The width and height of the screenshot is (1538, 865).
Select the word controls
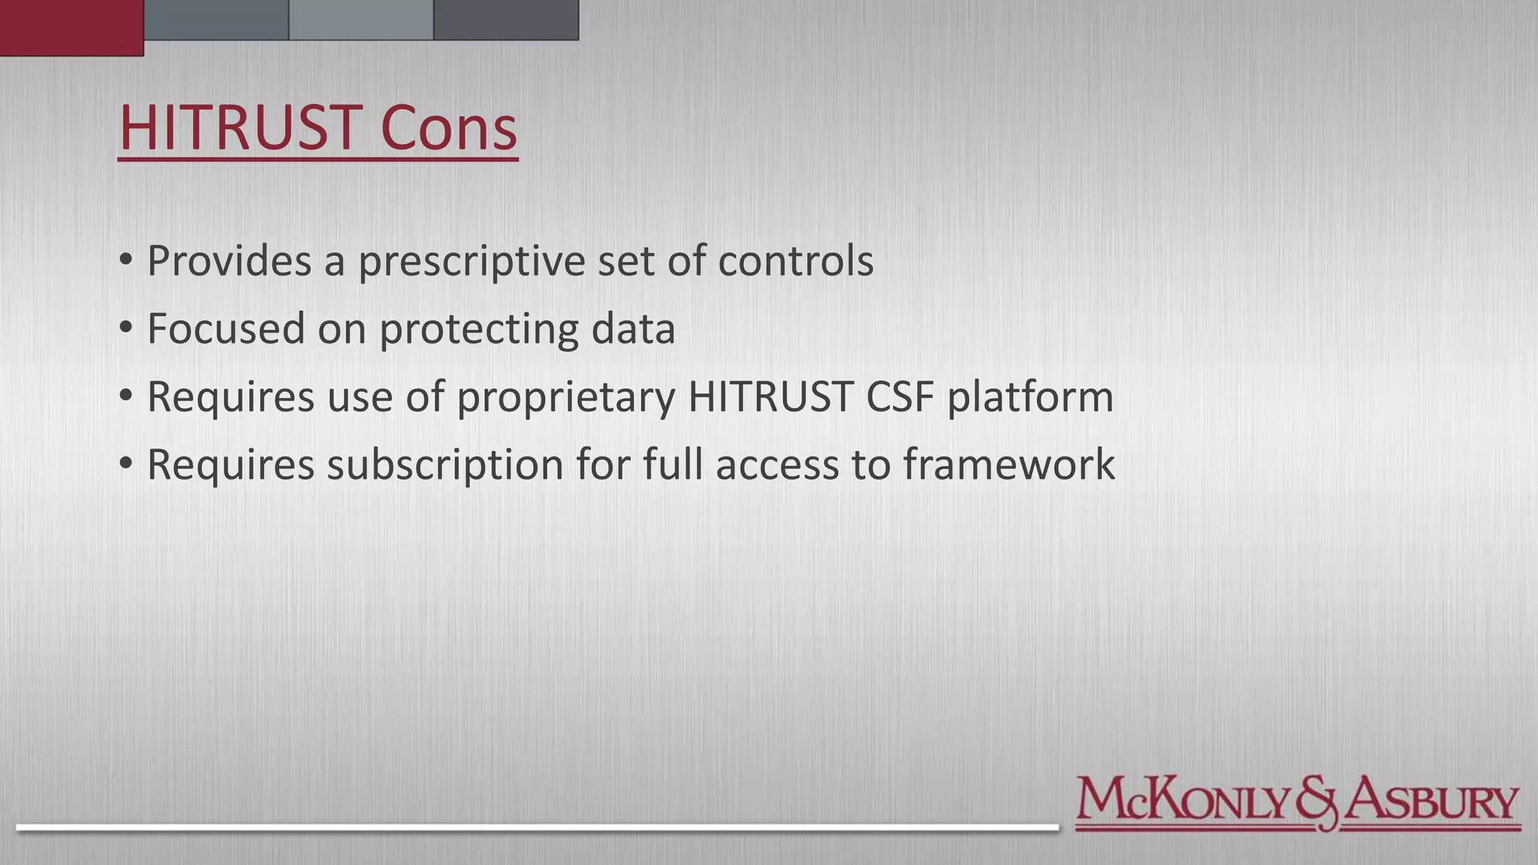(x=795, y=261)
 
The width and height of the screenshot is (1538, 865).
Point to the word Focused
(x=225, y=329)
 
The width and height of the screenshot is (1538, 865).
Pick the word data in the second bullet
(x=633, y=329)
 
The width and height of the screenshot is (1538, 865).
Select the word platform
(x=1030, y=398)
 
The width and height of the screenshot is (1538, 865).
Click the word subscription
(x=445, y=466)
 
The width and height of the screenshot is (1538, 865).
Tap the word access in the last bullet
(x=777, y=466)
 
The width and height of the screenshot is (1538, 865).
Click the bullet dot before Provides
(x=125, y=261)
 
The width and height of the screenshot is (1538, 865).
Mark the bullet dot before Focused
(x=125, y=328)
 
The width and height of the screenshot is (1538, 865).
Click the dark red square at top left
(x=71, y=27)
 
